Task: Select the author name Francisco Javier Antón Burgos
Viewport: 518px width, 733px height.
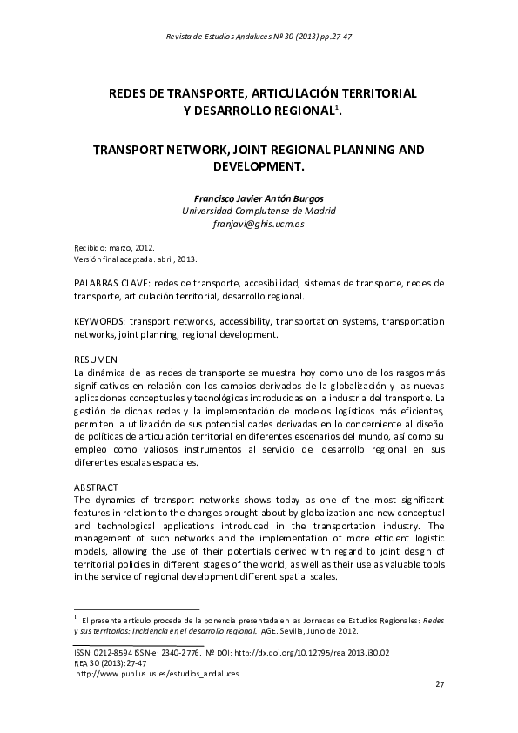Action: [x=259, y=198]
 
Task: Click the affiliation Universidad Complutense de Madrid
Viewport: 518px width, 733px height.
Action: [x=259, y=211]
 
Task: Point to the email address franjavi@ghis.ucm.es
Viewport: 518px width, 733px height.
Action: [x=259, y=224]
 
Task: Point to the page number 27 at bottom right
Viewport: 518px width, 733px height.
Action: [x=440, y=685]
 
